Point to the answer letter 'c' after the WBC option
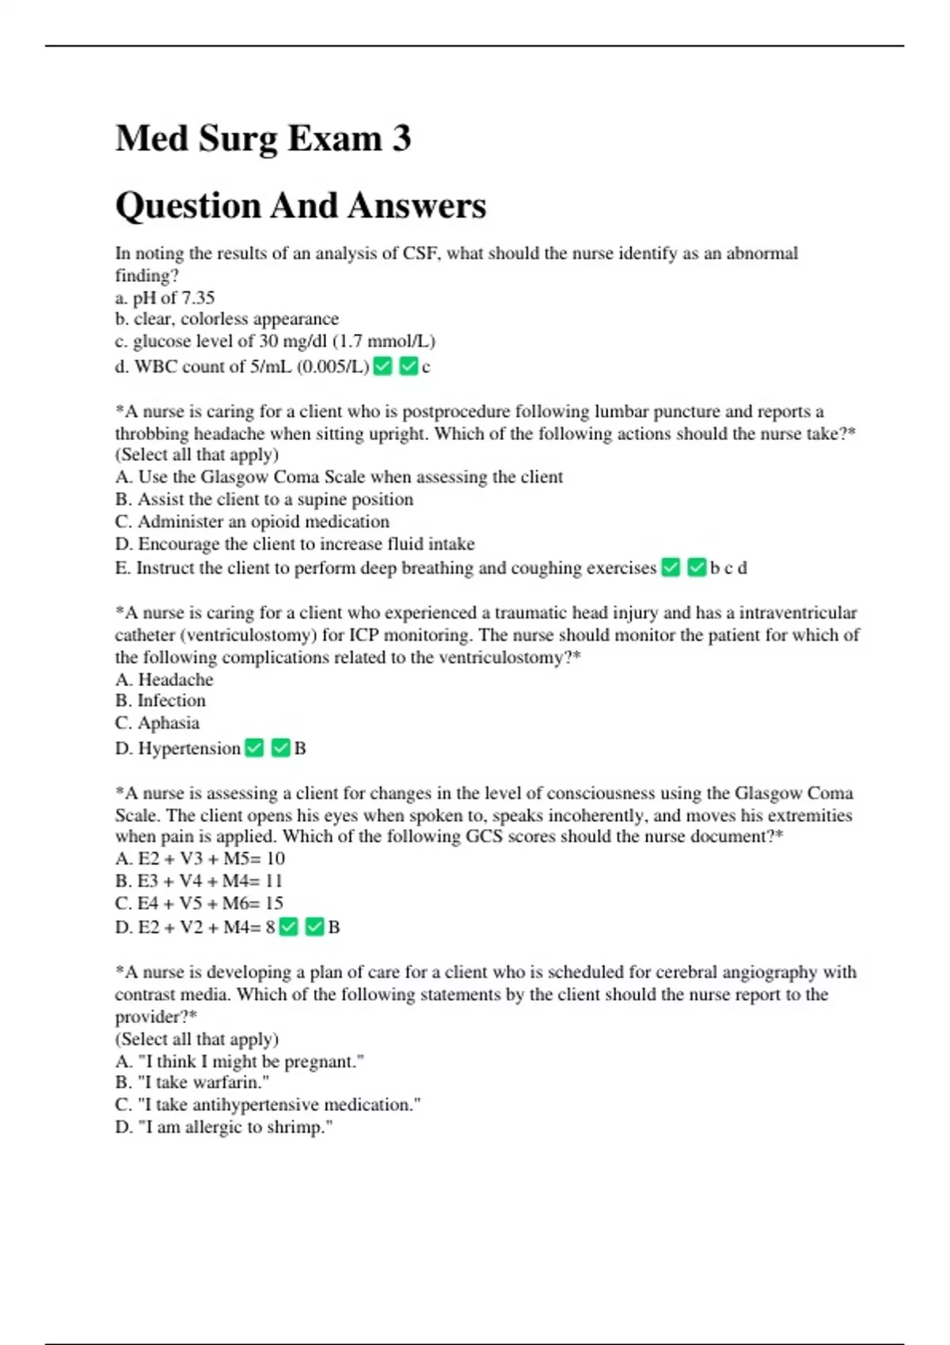[426, 367]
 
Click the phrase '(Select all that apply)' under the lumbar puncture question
[197, 455]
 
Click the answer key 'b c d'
[728, 568]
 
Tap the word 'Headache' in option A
[176, 680]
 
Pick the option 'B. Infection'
[161, 701]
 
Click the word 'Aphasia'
[169, 723]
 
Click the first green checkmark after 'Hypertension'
[254, 748]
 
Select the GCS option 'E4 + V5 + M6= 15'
[199, 903]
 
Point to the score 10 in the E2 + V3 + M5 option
[275, 858]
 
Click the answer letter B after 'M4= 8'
[334, 927]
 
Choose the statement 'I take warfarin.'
[192, 1082]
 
